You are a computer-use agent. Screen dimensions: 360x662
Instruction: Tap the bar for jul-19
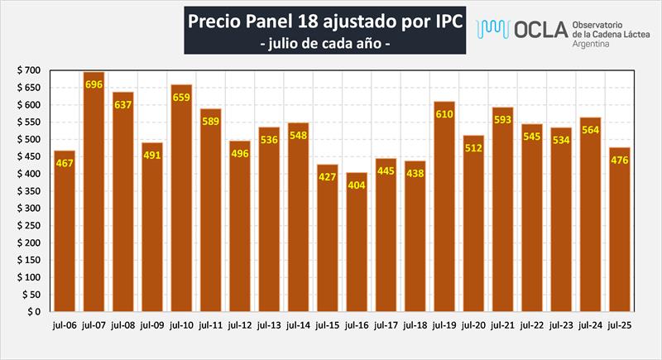444,206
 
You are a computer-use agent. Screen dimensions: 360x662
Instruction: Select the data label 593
502,119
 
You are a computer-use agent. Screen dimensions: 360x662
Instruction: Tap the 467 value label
65,164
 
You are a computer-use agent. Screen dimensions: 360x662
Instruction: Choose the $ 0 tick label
34,312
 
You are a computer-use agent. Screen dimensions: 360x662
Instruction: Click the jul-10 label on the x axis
181,325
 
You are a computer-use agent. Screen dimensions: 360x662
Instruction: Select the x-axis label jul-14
298,325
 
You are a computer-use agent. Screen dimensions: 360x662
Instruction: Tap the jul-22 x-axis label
531,325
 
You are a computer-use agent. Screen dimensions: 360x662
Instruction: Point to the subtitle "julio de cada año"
324,41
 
